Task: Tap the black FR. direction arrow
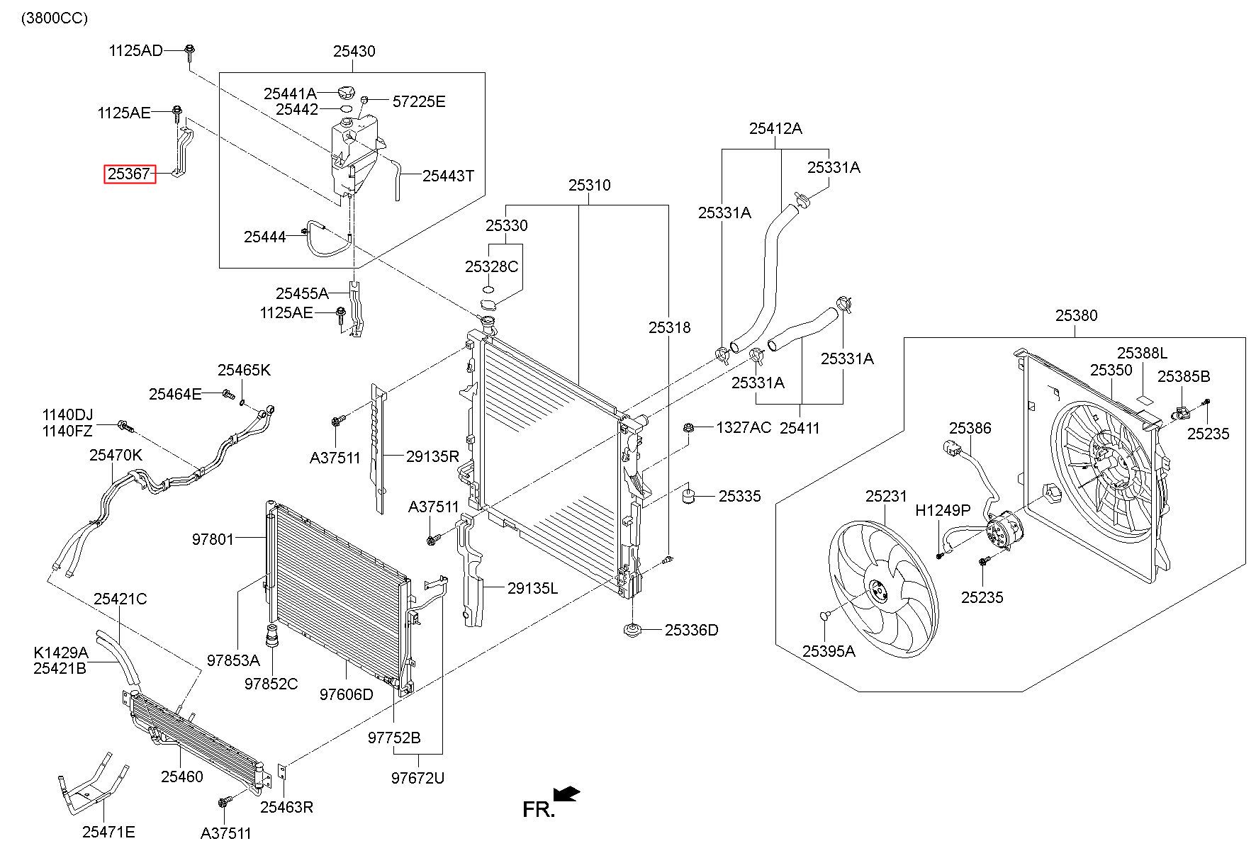pyautogui.click(x=566, y=794)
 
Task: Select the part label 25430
pyautogui.click(x=354, y=51)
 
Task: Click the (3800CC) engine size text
pyautogui.click(x=55, y=18)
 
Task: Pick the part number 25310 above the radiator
pyautogui.click(x=589, y=185)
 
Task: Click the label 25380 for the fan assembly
pyautogui.click(x=1076, y=315)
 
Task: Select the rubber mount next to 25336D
pyautogui.click(x=629, y=631)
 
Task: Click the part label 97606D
pyautogui.click(x=346, y=694)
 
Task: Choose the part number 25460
pyautogui.click(x=182, y=777)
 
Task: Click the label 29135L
pyautogui.click(x=532, y=588)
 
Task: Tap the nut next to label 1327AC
pyautogui.click(x=688, y=427)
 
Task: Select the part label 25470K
pyautogui.click(x=116, y=455)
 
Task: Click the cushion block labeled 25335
pyautogui.click(x=687, y=496)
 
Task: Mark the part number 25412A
pyautogui.click(x=776, y=128)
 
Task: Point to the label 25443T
pyautogui.click(x=449, y=176)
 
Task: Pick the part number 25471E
pyautogui.click(x=108, y=832)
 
